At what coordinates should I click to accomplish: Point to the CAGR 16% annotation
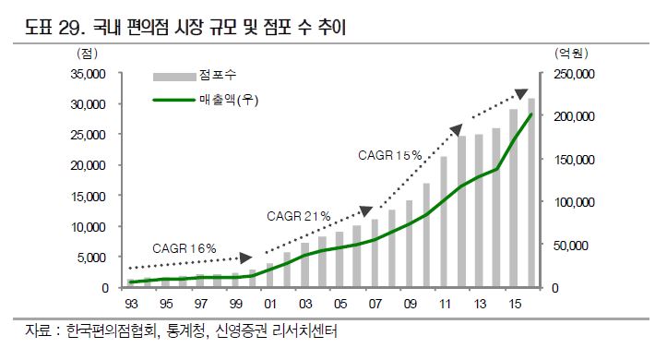coord(185,247)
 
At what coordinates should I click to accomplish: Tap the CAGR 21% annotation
coord(298,216)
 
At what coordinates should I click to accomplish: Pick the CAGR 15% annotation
coord(389,154)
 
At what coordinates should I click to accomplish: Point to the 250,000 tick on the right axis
coord(576,74)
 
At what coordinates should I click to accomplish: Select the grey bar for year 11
coord(445,222)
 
